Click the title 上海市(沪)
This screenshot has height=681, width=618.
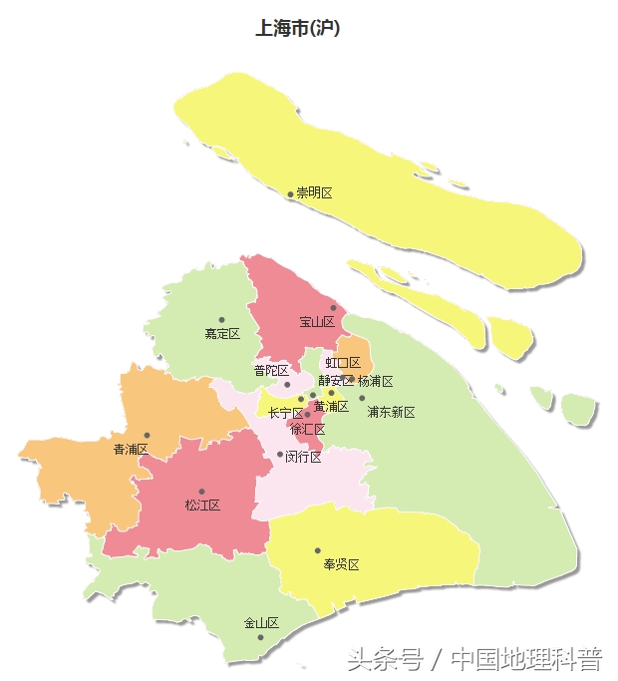coord(298,29)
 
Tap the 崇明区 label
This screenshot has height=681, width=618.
coord(314,193)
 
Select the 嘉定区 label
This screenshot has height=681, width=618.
coord(222,334)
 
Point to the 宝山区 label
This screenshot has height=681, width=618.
coord(317,322)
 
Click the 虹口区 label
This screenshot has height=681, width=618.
coord(343,362)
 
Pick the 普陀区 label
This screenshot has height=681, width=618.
coord(271,371)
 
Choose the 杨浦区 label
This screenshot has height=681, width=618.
coord(376,382)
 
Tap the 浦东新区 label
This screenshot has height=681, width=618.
coord(391,412)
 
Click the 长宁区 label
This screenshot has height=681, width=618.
coord(285,413)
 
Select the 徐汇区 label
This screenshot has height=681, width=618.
coord(307,429)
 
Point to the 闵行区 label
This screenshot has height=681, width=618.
coord(303,458)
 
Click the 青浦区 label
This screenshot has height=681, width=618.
coord(131,450)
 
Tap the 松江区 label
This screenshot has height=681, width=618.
coord(202,506)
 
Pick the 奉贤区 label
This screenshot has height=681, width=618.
coord(341,564)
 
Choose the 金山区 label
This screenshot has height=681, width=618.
coord(261,623)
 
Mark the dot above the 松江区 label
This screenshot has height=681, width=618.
coord(201,492)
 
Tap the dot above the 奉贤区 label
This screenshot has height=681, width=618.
coord(318,550)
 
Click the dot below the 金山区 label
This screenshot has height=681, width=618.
coord(261,637)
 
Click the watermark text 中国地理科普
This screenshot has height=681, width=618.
coord(527,659)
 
